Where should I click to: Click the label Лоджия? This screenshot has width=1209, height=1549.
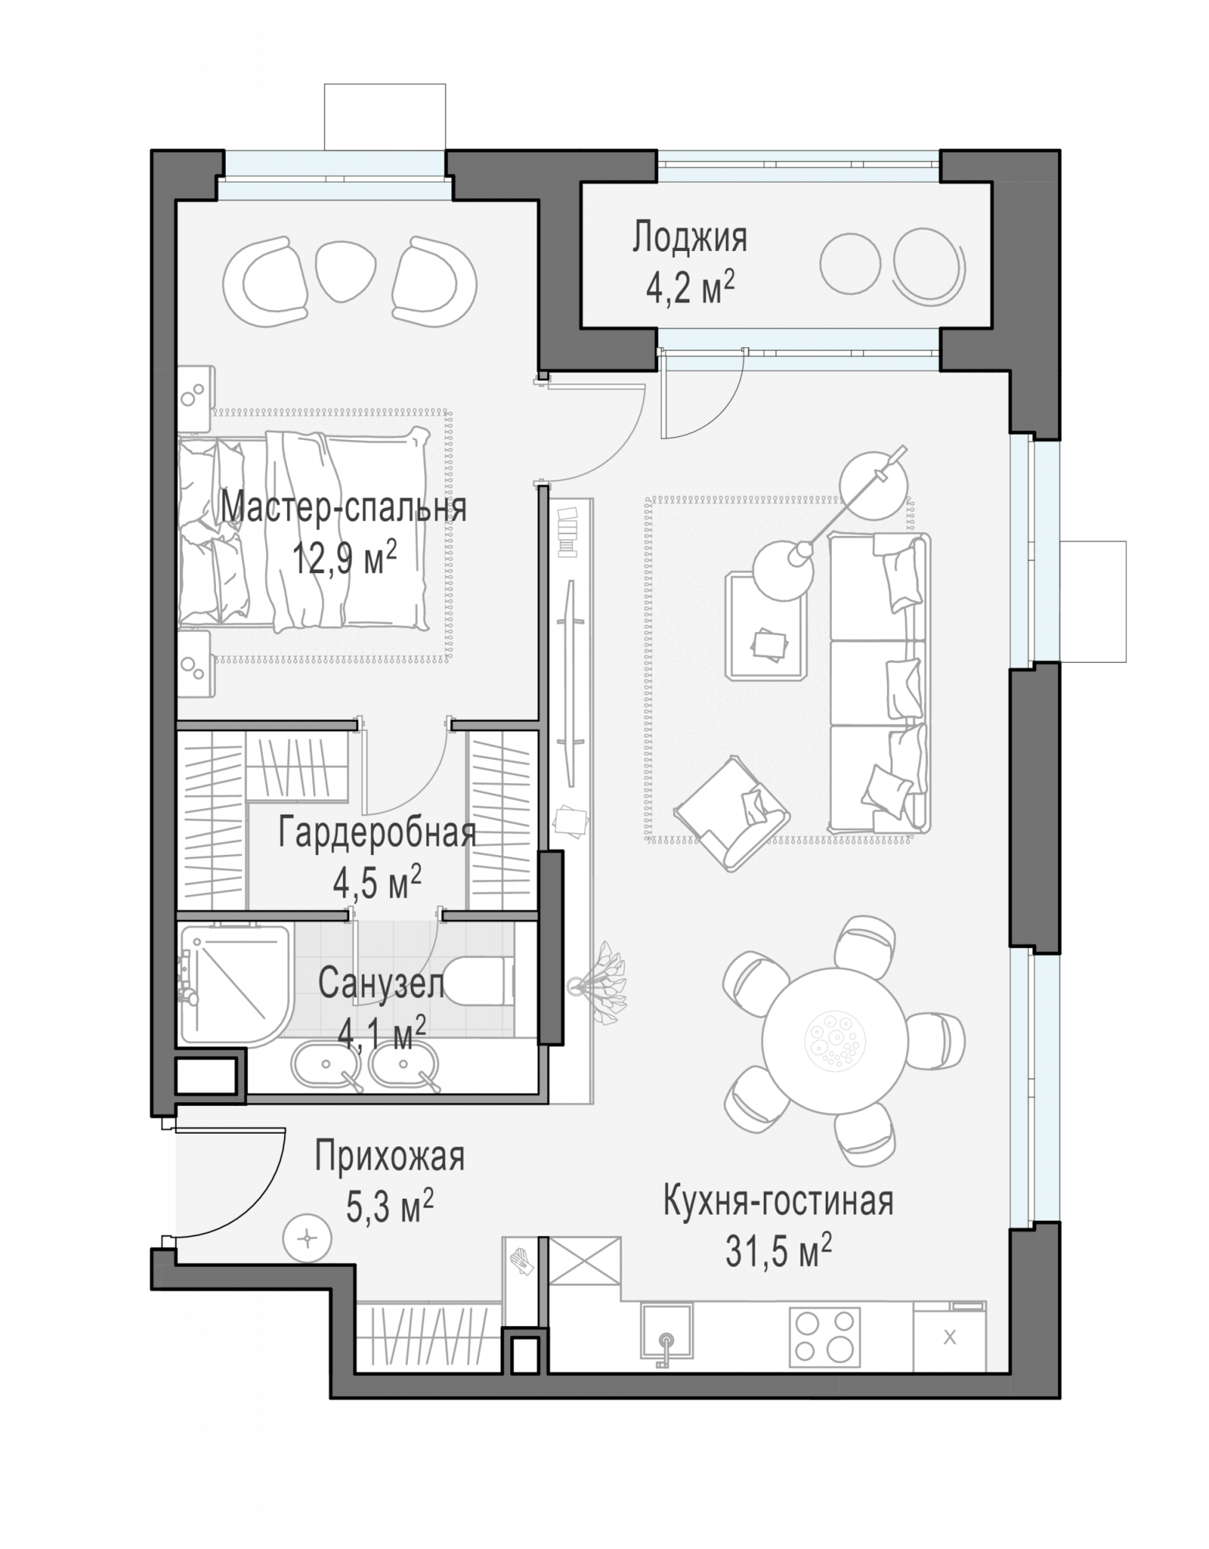tap(690, 238)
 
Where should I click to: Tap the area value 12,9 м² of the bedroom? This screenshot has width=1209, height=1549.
tap(344, 557)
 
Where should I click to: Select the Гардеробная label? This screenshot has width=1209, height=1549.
tap(377, 833)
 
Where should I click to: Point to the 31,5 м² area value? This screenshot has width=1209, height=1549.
tap(779, 1252)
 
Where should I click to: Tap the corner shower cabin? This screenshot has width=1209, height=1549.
tap(235, 984)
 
